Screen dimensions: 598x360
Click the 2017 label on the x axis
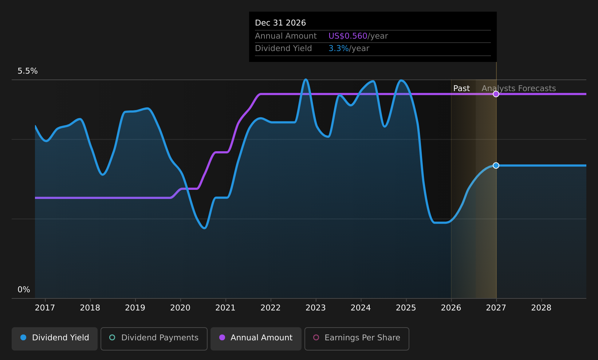coord(45,308)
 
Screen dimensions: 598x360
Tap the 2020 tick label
coord(180,308)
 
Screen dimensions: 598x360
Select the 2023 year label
coord(315,308)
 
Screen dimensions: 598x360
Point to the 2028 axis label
coord(541,308)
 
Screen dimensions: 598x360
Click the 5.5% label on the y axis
coord(28,71)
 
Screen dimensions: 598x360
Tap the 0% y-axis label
coord(24,290)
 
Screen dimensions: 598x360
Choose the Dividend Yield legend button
coord(55,339)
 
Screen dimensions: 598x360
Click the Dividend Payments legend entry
coord(154,339)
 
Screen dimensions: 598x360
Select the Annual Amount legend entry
coord(256,339)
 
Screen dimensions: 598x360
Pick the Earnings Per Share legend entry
coord(357,339)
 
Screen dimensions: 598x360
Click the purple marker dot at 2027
coord(496,94)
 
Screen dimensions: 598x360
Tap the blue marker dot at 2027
coord(496,165)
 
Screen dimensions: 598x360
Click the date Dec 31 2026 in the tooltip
coord(280,23)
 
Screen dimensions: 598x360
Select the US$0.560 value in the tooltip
coord(348,36)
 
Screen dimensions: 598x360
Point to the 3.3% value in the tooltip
coord(338,48)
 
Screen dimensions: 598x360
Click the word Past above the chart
coord(461,89)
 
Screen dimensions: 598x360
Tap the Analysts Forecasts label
coord(519,89)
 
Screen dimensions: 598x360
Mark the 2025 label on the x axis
coord(406,308)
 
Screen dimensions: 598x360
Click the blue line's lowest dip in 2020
coord(205,228)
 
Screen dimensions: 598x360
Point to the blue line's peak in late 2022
coord(306,79)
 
